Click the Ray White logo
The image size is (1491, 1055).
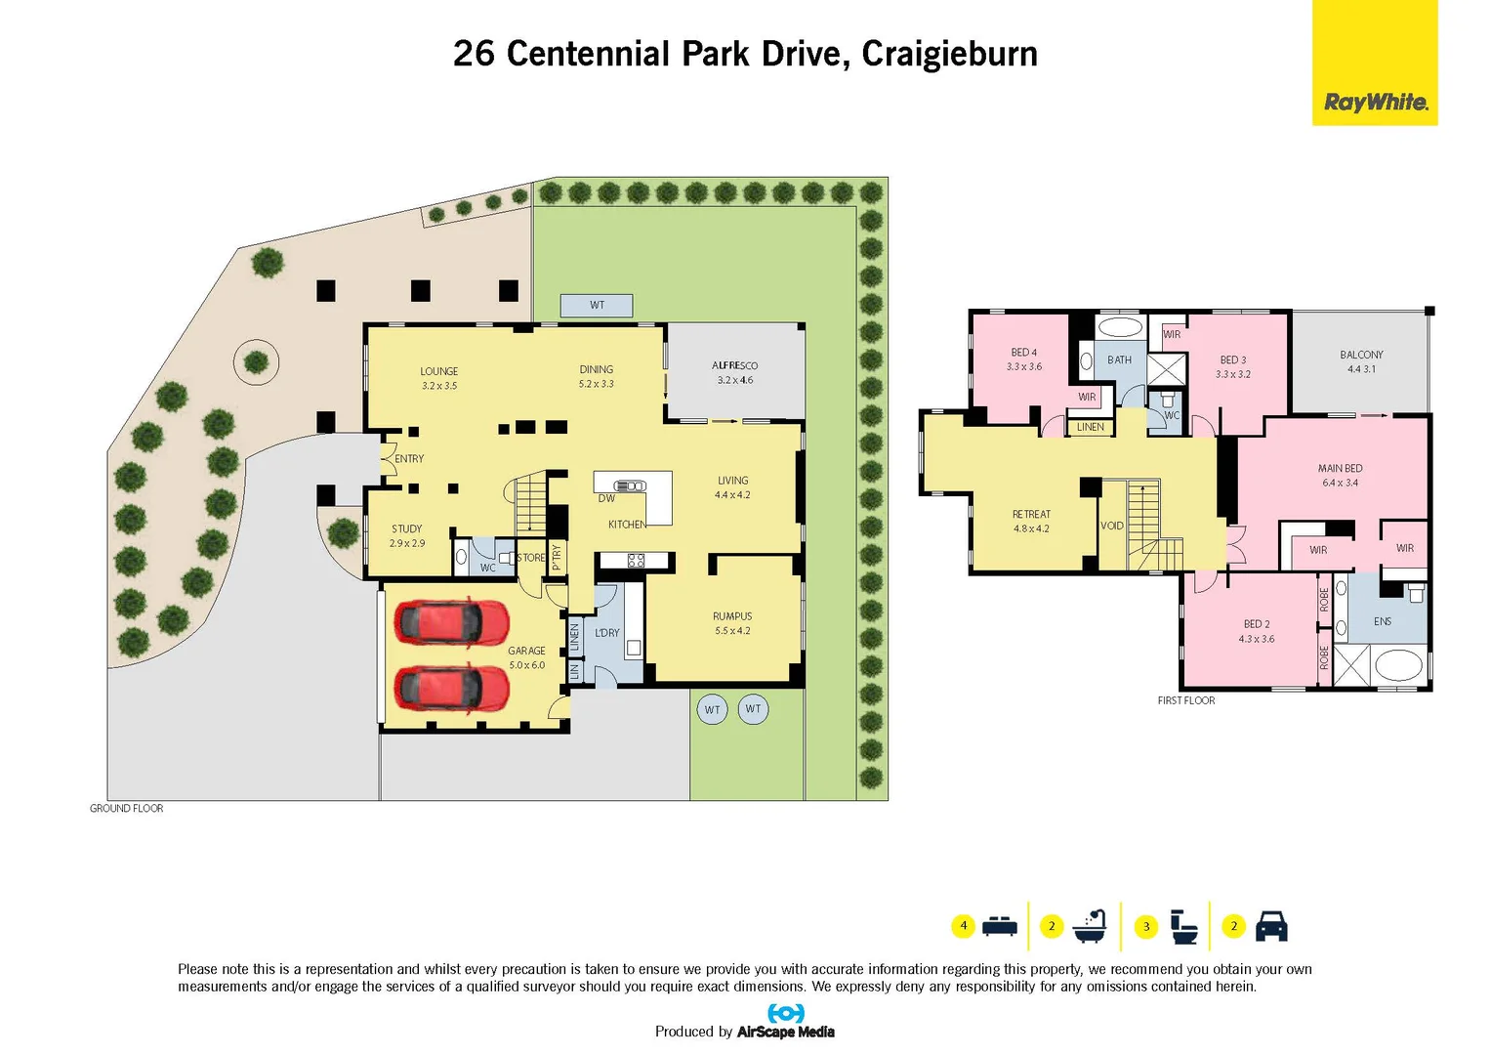coord(1375,103)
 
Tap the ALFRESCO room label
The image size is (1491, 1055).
coord(734,365)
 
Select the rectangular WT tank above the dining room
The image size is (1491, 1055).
coord(597,306)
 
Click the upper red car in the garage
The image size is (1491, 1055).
coord(451,622)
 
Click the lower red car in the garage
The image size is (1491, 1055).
coord(451,688)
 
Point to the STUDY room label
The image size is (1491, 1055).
coord(406,528)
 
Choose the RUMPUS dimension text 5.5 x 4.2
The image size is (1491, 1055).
coord(732,631)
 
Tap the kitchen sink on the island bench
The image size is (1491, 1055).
coord(630,485)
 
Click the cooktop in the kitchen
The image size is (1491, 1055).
coord(636,561)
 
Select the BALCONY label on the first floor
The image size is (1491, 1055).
coord(1361,355)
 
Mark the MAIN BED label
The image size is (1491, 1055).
coord(1340,469)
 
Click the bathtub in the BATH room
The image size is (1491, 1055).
coord(1120,327)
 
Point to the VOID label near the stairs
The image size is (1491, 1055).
coord(1112,526)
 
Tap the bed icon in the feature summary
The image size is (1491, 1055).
coord(1000,925)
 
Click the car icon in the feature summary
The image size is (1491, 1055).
coord(1270,926)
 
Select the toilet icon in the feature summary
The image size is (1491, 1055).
coord(1183,926)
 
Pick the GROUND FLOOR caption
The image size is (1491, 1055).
coord(127,809)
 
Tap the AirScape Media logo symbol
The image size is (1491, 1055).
coord(786,1013)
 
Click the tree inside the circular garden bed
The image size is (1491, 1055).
coord(256,362)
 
